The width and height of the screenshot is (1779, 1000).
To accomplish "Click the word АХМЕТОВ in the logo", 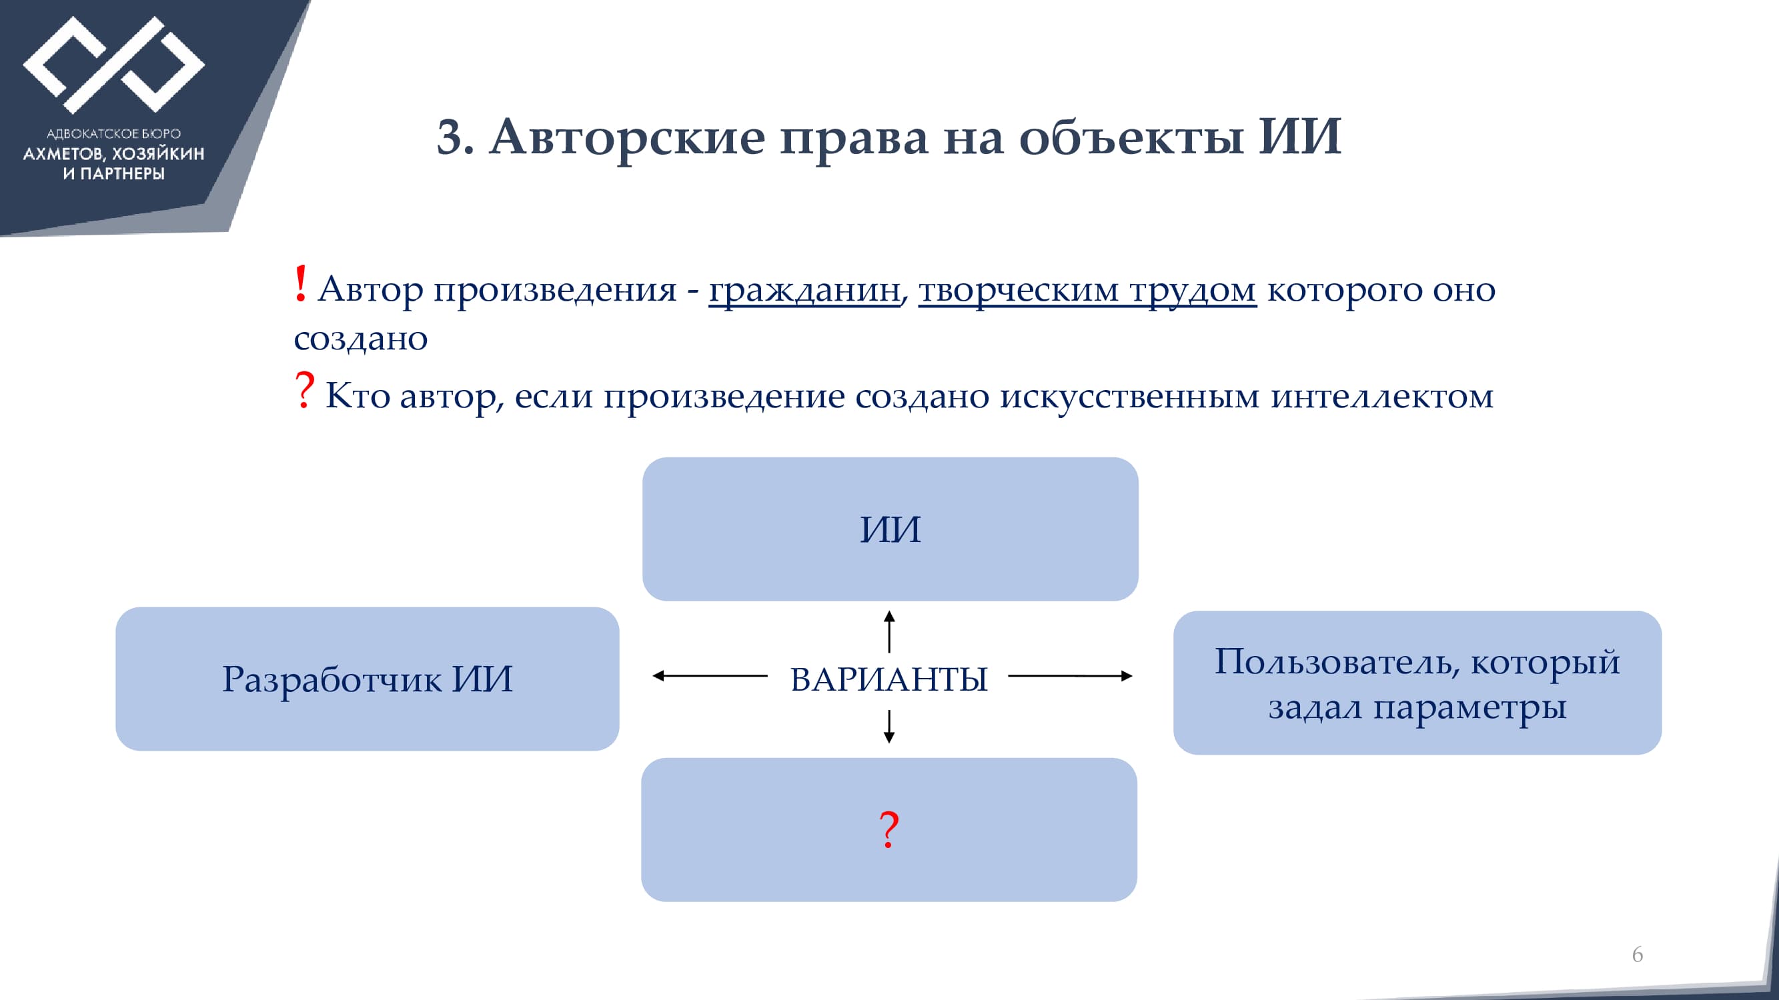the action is [63, 154].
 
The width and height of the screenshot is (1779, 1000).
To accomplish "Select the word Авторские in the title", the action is [627, 137].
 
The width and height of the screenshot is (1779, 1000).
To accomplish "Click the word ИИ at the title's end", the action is [1299, 136].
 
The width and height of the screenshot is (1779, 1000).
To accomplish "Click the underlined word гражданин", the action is [804, 291].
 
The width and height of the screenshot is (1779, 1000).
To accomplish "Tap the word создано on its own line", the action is [360, 339].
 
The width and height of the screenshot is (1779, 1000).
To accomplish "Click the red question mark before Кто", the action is [304, 390].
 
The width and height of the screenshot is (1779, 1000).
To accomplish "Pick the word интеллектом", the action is [1382, 395].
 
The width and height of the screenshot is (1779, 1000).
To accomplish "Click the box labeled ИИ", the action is [891, 529].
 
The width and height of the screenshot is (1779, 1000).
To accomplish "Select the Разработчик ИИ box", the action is [368, 679].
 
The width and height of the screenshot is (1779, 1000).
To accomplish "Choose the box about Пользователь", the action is [1417, 683].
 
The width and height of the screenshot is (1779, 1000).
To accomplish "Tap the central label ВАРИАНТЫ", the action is [888, 679].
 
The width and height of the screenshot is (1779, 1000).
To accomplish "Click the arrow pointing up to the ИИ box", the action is [890, 631].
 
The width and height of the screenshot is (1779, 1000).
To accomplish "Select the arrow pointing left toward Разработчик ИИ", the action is [710, 675].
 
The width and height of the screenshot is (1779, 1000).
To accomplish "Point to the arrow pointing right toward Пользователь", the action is [1071, 675].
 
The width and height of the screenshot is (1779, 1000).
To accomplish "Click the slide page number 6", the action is [1638, 955].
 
